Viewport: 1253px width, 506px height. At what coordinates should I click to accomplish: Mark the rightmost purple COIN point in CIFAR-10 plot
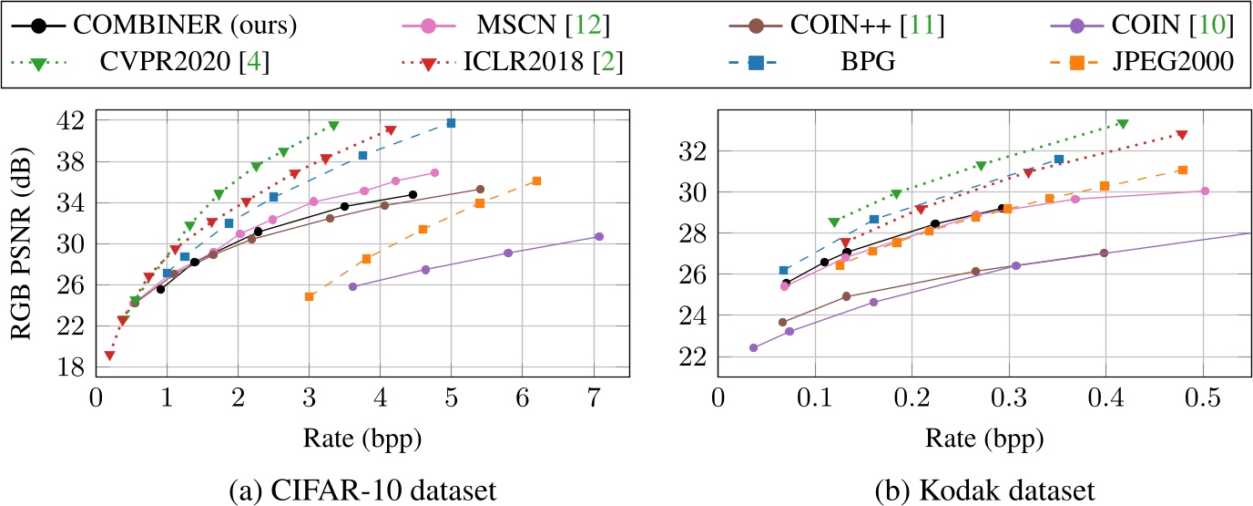tap(599, 236)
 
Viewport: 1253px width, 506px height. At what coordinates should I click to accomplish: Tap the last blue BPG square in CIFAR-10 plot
tap(451, 123)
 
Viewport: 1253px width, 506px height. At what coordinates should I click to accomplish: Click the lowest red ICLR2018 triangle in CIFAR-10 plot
tap(109, 356)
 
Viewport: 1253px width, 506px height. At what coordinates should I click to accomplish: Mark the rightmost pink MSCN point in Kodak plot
tap(1205, 191)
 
